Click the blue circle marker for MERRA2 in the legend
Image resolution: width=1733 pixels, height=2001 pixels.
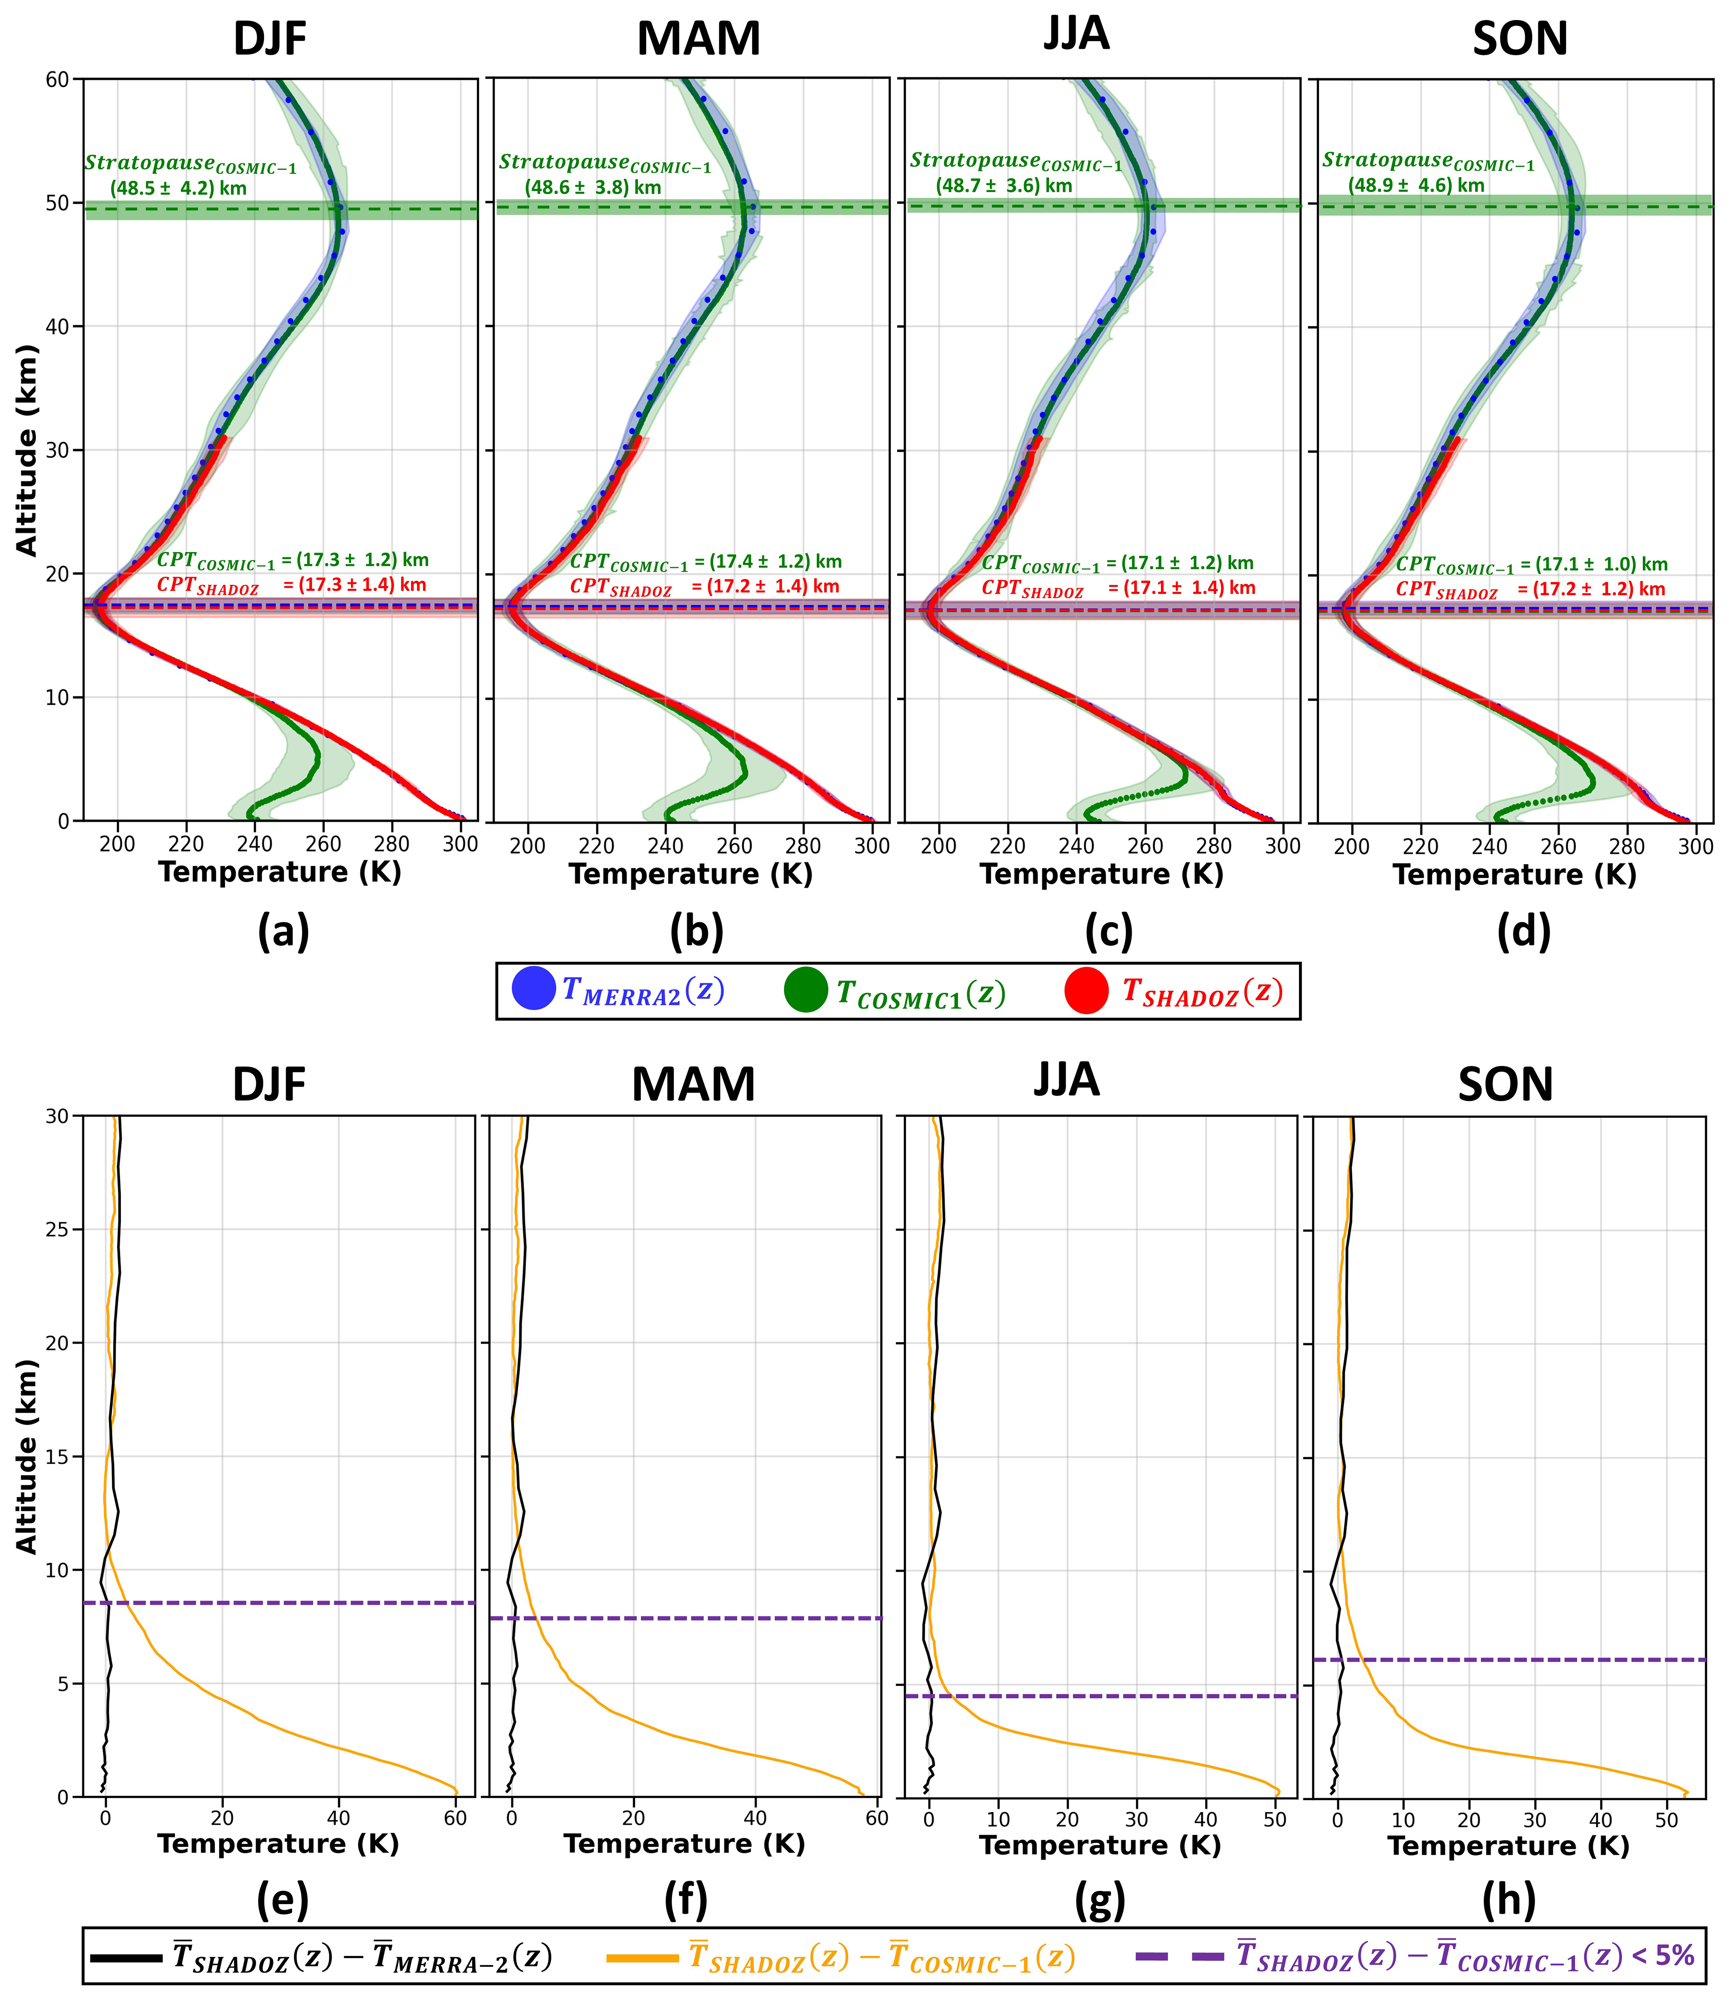tap(533, 989)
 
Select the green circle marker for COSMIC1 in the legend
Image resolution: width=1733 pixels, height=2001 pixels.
tap(806, 989)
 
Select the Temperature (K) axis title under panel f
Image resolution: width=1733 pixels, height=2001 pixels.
tap(685, 1844)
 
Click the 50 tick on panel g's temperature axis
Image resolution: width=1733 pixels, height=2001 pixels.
tap(1276, 1819)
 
